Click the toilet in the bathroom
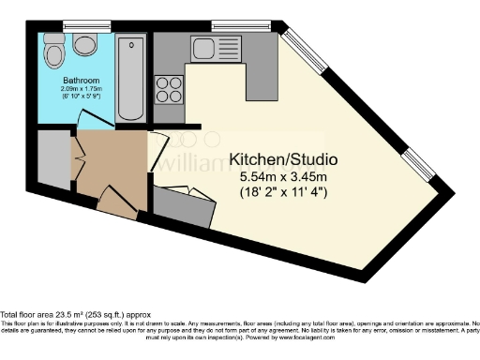53,48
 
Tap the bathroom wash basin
86,44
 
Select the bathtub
132,78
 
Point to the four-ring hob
169,89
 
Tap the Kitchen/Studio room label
283,159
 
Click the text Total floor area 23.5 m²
62,315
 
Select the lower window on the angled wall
418,166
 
